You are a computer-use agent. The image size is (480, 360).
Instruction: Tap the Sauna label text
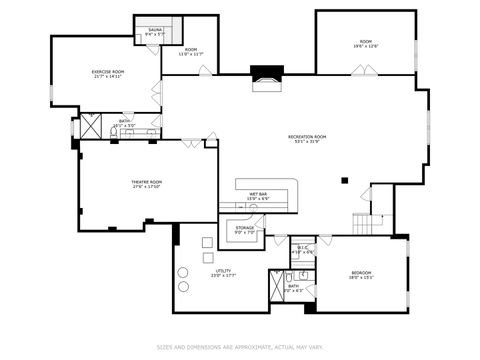point(155,32)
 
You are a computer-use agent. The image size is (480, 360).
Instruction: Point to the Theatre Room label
point(147,185)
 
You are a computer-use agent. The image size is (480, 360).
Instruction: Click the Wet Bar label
point(258,196)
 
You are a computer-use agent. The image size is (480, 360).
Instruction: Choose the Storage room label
point(245,229)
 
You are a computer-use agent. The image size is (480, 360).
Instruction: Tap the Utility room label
point(222,273)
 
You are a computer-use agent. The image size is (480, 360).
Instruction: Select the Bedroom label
point(360,275)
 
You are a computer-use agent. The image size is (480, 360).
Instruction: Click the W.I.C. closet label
point(303,250)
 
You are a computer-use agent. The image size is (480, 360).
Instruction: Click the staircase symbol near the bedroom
point(370,224)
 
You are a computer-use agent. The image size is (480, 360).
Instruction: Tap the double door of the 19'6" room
point(364,70)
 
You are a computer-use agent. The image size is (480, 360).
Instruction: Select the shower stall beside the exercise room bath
point(91,126)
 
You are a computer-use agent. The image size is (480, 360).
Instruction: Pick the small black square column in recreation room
point(344,181)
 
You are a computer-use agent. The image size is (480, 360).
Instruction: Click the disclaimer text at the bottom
point(240,348)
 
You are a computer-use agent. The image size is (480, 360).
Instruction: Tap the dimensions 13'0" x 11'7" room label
point(190,52)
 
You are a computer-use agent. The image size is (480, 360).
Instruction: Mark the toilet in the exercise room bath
point(115,131)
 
